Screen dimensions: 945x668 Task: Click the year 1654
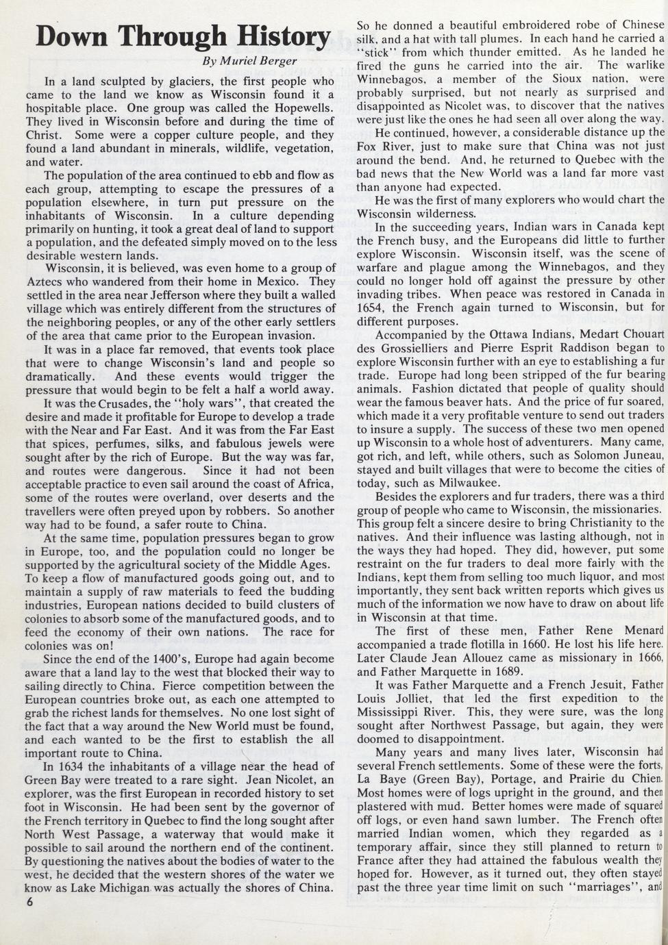point(371,307)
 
